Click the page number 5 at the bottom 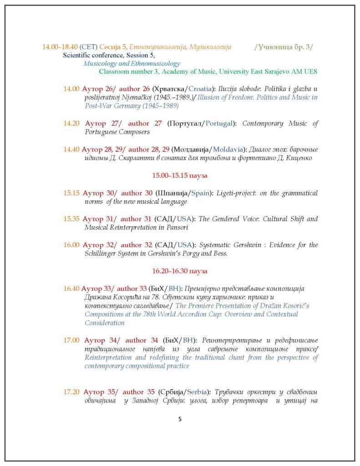click(x=180, y=419)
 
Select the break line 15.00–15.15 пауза click(x=180, y=175)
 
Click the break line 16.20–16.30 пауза click(x=180, y=271)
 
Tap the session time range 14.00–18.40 click(x=60, y=46)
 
